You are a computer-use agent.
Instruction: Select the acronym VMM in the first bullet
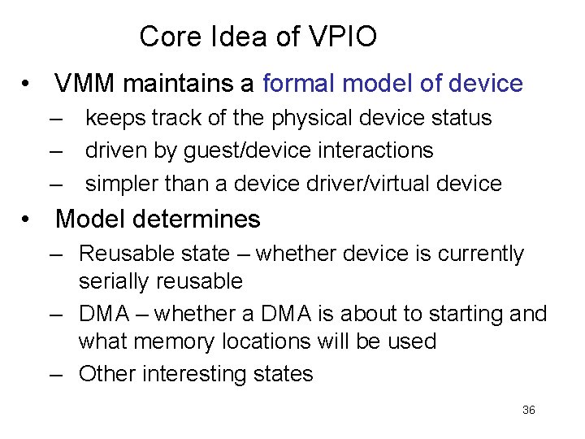pyautogui.click(x=85, y=83)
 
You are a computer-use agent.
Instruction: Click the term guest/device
pyautogui.click(x=250, y=150)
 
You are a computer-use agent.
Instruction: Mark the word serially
pyautogui.click(x=110, y=282)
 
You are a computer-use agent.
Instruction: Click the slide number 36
pyautogui.click(x=528, y=411)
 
